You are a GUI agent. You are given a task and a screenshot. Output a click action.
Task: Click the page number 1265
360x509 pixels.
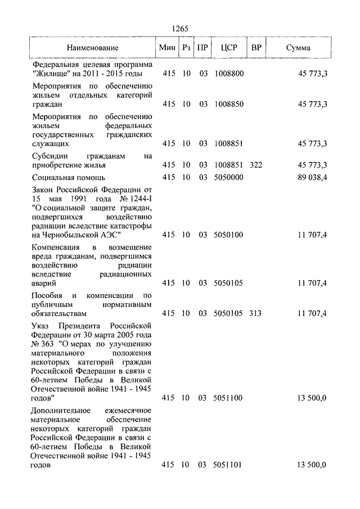179,29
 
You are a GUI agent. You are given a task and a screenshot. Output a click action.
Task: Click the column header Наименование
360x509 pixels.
93,48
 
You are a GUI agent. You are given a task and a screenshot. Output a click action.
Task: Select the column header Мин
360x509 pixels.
168,48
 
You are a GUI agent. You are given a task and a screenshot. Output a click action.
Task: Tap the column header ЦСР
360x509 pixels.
229,48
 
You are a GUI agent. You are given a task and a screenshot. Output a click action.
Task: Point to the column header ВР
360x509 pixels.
256,48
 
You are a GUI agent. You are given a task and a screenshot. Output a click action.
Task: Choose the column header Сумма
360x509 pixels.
298,48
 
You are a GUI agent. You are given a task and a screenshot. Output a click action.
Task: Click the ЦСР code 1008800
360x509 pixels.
229,74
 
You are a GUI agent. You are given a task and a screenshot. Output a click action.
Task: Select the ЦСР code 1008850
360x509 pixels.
229,104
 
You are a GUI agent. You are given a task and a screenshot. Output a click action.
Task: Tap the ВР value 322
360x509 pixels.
255,165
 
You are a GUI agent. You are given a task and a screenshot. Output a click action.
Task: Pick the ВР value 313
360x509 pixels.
255,313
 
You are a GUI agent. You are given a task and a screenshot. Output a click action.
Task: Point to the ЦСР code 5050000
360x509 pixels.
229,177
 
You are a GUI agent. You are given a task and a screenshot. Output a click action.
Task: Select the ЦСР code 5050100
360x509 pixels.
229,234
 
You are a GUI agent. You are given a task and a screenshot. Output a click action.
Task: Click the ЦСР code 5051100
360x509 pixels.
229,398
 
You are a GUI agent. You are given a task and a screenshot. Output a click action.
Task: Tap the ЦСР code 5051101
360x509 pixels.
229,465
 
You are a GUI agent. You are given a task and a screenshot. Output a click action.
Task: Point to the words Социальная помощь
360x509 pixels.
65,177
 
